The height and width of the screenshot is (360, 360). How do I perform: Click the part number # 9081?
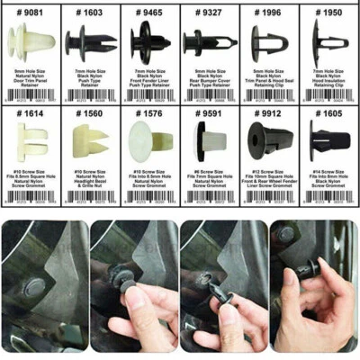coord(31,13)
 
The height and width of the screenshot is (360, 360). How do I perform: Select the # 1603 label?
coord(90,13)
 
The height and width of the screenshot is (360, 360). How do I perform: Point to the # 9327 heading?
coord(210,13)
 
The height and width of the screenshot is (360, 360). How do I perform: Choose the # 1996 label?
coord(269,13)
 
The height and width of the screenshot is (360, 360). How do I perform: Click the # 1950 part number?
coord(329,13)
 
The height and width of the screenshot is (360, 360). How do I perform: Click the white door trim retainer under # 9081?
coord(31,41)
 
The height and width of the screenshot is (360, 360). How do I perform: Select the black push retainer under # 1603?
coord(90,41)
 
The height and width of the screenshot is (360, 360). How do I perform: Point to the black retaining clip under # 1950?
coord(329,41)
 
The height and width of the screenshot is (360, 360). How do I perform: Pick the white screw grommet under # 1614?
coord(31,142)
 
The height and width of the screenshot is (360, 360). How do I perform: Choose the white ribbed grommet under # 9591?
coord(210,142)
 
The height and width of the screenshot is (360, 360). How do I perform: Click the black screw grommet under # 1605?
coord(329,142)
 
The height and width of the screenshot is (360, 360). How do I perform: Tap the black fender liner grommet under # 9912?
coord(269,142)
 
